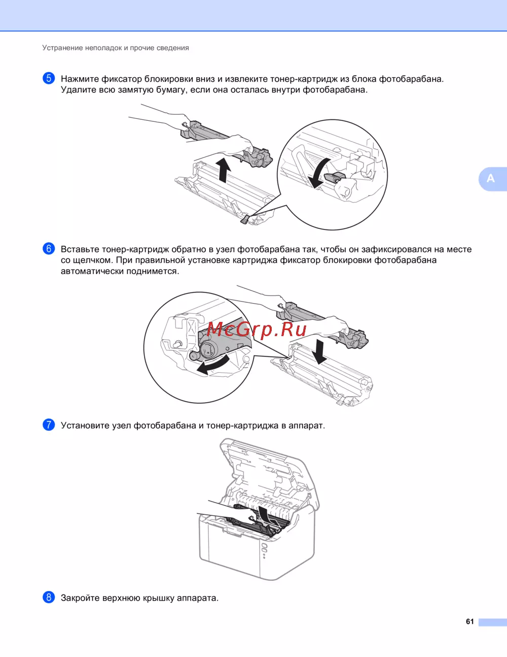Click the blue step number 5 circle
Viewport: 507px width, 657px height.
click(49, 78)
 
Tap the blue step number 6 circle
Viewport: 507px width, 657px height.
click(49, 248)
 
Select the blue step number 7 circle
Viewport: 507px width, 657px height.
click(49, 425)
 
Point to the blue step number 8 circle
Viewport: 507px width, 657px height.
click(49, 597)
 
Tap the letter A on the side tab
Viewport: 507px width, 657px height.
click(490, 178)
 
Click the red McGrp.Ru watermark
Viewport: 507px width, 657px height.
click(257, 330)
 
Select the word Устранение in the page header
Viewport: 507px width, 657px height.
click(62, 48)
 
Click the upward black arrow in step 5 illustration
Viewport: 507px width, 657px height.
click(223, 170)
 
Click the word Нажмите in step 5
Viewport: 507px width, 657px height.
click(80, 79)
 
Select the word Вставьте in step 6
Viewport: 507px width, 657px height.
click(80, 249)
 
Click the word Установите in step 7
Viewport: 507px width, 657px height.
click(85, 425)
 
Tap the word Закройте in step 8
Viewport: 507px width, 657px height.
click(80, 598)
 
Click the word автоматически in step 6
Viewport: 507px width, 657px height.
click(92, 271)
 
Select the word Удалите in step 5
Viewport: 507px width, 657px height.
click(79, 90)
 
